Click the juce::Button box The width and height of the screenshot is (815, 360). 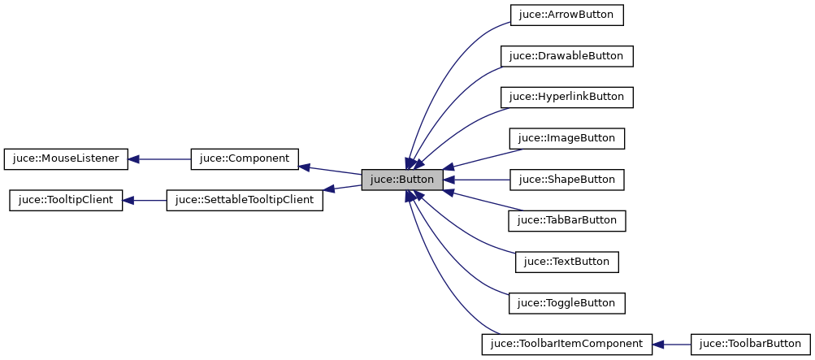[x=402, y=180]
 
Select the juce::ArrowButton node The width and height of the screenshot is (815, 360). [x=566, y=15]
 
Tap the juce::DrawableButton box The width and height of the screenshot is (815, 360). [x=566, y=56]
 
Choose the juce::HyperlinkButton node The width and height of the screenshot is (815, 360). [x=566, y=97]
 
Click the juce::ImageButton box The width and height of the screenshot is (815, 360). [x=566, y=138]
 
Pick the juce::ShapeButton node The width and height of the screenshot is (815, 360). [x=566, y=180]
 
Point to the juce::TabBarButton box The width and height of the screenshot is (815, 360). [x=566, y=220]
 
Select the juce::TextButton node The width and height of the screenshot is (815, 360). [x=566, y=262]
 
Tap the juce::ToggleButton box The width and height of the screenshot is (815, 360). [x=566, y=303]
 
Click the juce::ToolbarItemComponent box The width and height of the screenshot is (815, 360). [x=566, y=344]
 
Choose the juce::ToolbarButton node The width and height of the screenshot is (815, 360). [x=750, y=344]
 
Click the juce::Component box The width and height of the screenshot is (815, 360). [x=244, y=158]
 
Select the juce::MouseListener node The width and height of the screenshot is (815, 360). [x=66, y=158]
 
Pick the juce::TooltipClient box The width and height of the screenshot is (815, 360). [x=66, y=200]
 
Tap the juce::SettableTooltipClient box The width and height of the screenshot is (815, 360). [x=245, y=200]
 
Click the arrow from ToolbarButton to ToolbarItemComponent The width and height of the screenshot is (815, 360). [x=671, y=344]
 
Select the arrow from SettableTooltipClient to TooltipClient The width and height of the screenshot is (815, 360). [x=145, y=200]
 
